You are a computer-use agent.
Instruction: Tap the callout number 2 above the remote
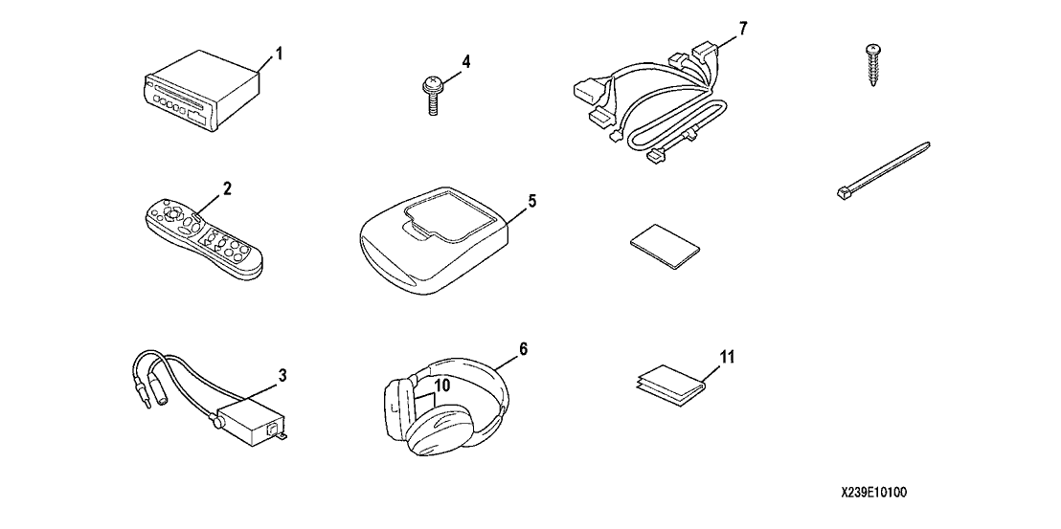(227, 188)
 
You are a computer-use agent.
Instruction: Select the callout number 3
(282, 374)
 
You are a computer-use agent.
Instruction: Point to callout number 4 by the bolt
(465, 61)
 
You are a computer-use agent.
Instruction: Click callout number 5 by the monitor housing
(532, 201)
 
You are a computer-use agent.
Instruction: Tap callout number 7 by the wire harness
(743, 29)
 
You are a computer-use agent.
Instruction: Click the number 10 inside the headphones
(441, 386)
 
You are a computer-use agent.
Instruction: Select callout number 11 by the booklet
(726, 356)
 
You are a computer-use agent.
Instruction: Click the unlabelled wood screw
(873, 64)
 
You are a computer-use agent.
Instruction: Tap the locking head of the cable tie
(842, 194)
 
